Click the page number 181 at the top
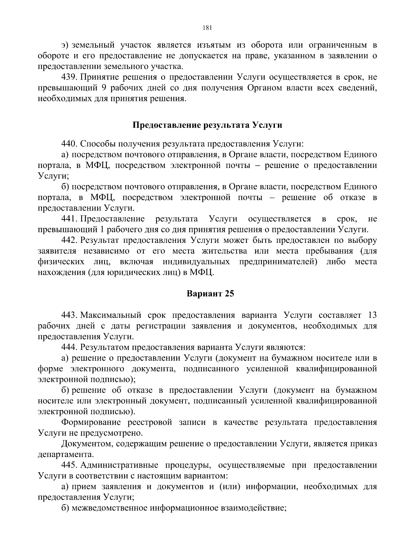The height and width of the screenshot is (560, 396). pos(207,28)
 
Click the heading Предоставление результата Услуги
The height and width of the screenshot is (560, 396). pos(207,125)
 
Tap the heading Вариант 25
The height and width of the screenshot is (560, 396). pos(210,293)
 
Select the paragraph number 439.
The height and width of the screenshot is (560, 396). pos(69,77)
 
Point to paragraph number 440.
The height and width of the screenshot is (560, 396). pos(69,144)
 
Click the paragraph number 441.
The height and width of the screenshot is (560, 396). pos(69,219)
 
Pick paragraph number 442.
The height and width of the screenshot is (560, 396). pos(69,240)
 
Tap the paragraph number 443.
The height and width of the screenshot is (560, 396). pos(69,315)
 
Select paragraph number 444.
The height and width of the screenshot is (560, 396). pos(69,347)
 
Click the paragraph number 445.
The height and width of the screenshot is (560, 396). pos(69,465)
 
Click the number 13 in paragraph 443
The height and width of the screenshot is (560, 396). pos(372,315)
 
